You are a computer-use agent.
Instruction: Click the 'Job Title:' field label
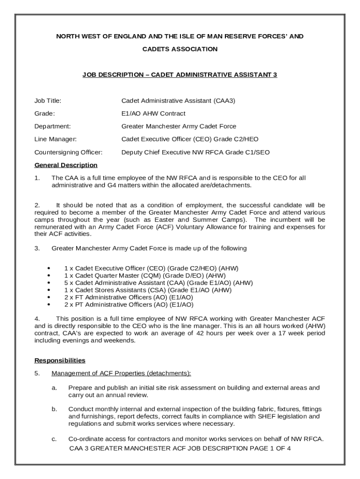tap(48, 101)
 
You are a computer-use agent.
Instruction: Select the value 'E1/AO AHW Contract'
tap(153, 114)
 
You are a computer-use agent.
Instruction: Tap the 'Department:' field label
tap(52, 126)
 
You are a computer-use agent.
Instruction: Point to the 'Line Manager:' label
tap(55, 139)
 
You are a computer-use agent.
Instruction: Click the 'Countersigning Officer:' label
tap(68, 152)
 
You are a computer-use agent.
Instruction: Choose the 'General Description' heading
tap(66, 165)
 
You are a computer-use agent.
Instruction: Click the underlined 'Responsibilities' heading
tap(60, 361)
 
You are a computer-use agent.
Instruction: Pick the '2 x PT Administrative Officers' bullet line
tap(129, 305)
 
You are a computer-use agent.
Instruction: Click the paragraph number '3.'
tap(37, 248)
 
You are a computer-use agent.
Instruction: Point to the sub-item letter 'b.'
tap(55, 409)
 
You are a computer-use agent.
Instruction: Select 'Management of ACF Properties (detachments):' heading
tap(121, 373)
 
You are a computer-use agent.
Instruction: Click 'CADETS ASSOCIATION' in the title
tap(180, 49)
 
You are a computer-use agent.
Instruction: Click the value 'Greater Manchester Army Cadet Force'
tap(179, 126)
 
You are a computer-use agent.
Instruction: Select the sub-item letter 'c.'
tap(55, 439)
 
